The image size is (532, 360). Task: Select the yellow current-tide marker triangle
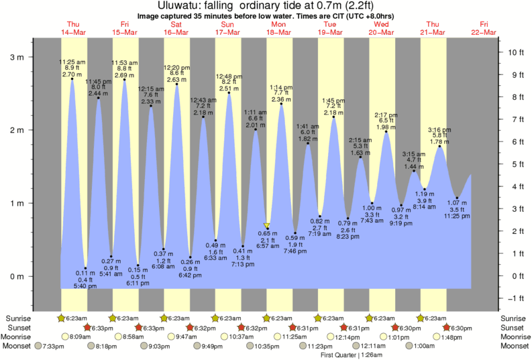click(267, 226)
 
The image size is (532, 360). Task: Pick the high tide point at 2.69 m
click(124, 80)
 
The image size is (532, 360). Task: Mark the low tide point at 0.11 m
click(85, 268)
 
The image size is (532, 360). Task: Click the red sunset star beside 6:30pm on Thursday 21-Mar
click(447, 328)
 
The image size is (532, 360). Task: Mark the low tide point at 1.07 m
click(457, 198)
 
